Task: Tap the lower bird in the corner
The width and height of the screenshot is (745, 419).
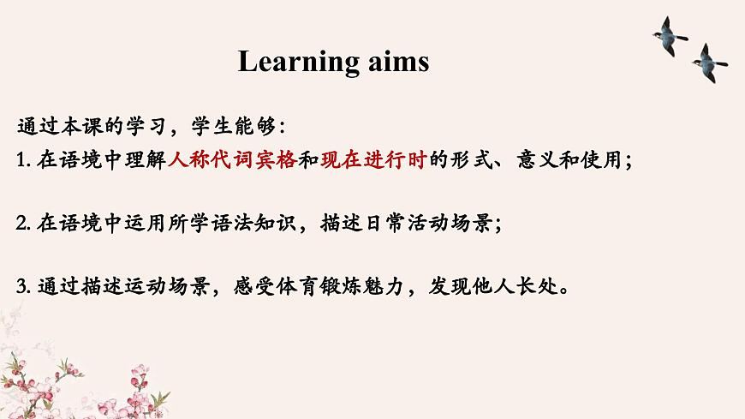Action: pos(708,62)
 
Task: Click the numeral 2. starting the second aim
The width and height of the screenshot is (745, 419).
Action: pos(24,224)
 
